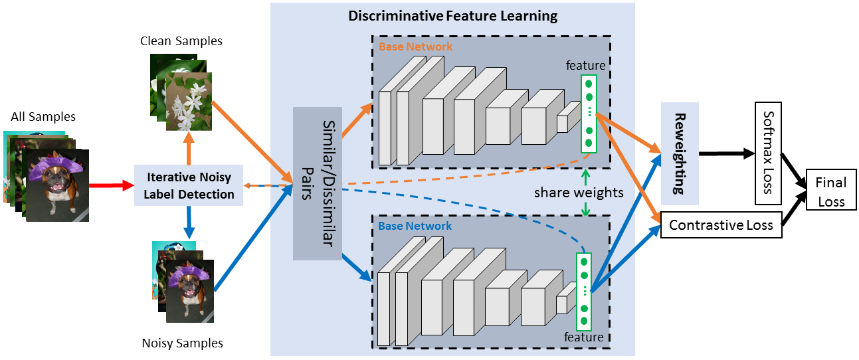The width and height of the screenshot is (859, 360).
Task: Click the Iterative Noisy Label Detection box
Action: pos(189,185)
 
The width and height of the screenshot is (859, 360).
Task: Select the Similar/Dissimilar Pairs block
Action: pos(317,183)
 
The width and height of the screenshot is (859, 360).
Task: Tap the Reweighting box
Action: pos(679,153)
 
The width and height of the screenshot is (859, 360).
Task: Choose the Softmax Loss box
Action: pos(768,153)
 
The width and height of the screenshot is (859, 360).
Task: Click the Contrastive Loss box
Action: pos(720,225)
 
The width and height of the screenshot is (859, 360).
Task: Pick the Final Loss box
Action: pos(831,191)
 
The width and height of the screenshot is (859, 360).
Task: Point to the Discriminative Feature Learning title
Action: pos(452,16)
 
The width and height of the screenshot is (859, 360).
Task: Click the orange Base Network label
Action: pos(415,47)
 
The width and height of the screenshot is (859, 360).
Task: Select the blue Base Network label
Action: pos(415,226)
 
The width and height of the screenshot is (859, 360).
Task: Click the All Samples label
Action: pos(43,117)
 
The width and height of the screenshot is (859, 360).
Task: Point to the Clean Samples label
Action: pos(181,41)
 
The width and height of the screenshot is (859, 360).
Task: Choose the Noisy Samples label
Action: pos(182,343)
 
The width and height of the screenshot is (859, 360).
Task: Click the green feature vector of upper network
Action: pos(589,113)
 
